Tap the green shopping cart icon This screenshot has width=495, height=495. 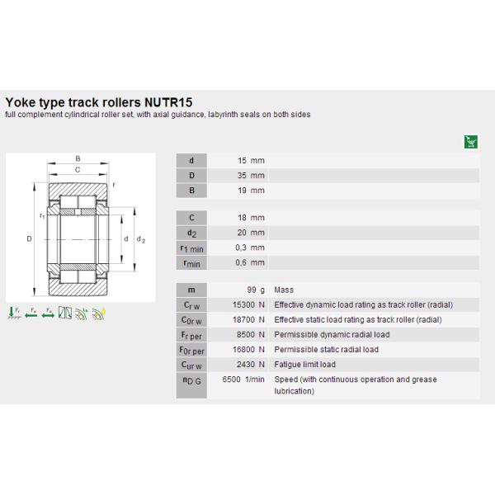tap(471, 141)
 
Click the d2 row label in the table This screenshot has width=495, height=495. tap(191, 233)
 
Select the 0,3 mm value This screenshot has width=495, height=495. tap(250, 247)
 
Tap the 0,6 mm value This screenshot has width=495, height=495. tap(250, 262)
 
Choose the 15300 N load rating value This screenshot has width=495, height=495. tap(247, 305)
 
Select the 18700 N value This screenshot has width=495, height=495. tap(247, 320)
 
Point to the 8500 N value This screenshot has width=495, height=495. tap(248, 335)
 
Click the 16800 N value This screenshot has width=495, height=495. tap(247, 350)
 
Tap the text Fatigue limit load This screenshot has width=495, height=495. tap(305, 365)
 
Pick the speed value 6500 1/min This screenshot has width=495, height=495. tap(244, 379)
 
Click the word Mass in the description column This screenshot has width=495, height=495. tap(284, 290)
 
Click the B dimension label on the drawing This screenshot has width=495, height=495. tap(78, 158)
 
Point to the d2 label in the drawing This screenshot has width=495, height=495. tap(140, 239)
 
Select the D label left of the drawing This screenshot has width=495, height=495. tap(29, 239)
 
